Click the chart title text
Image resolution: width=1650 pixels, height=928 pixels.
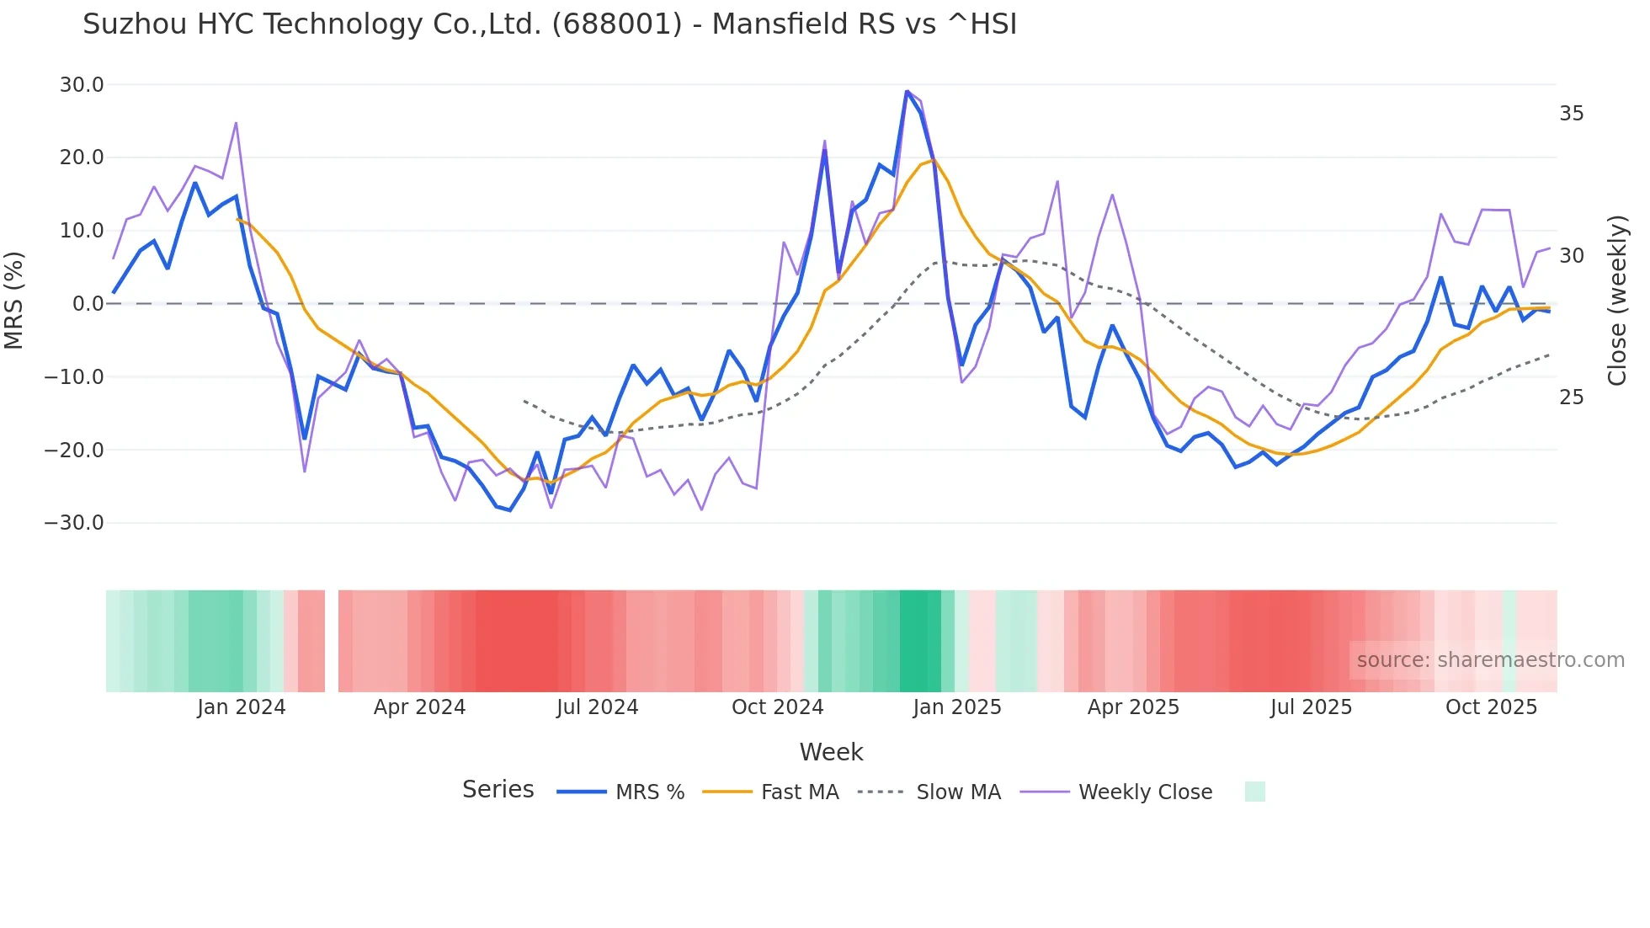(x=550, y=24)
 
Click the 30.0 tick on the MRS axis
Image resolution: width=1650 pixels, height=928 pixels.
(x=82, y=85)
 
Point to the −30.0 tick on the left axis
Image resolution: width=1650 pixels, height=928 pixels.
(x=75, y=523)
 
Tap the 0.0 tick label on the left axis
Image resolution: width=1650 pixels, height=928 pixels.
(x=88, y=304)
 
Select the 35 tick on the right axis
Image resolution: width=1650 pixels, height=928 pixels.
(x=1571, y=114)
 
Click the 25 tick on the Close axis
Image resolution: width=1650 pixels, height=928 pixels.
(x=1571, y=397)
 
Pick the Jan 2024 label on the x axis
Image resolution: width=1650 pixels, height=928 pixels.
(x=242, y=707)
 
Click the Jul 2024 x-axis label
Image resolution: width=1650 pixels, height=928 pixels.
(x=597, y=707)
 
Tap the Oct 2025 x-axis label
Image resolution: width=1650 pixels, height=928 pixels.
(x=1491, y=707)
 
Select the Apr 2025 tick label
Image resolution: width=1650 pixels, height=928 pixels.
(x=1133, y=707)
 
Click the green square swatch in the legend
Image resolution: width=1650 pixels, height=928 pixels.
(x=1254, y=792)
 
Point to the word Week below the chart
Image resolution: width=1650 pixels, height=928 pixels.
(x=831, y=752)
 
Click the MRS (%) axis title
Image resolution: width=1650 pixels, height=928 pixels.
(x=14, y=301)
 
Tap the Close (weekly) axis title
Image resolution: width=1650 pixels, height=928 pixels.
(x=1617, y=301)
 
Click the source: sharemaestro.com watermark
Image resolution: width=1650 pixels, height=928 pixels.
(x=1490, y=660)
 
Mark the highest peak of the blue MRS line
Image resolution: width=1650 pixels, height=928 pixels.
(x=907, y=91)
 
